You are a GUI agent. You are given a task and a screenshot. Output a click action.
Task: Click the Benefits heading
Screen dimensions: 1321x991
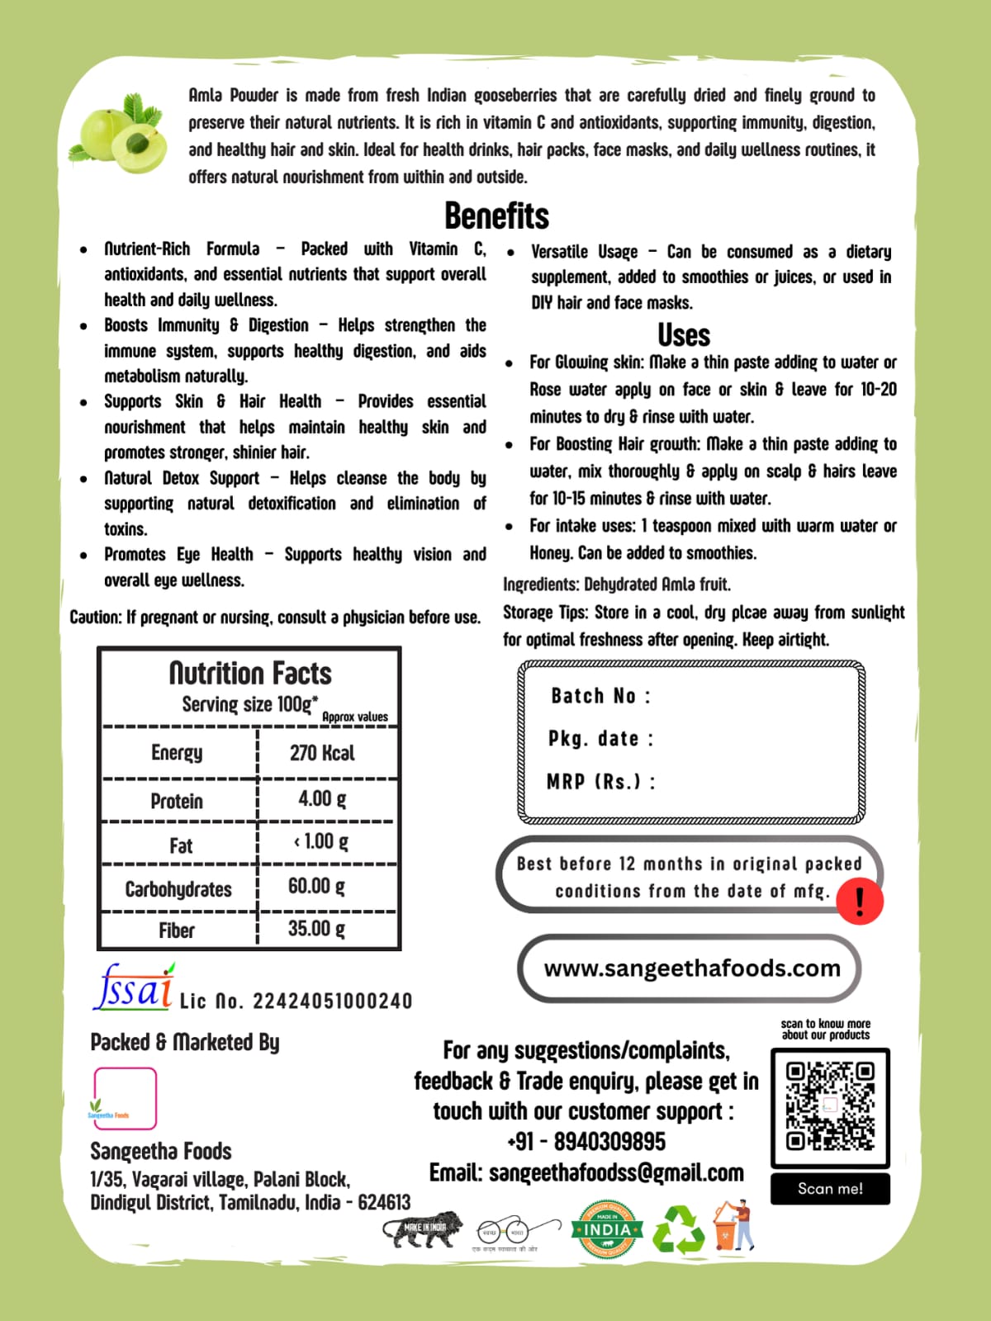click(x=496, y=216)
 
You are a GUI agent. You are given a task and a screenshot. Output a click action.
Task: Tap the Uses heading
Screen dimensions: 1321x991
click(x=684, y=335)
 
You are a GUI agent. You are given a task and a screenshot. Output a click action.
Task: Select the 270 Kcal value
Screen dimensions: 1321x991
click(x=322, y=753)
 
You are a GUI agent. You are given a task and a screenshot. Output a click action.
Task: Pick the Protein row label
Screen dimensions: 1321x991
click(x=177, y=801)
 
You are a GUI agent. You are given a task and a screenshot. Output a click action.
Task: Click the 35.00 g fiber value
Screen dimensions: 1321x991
click(x=316, y=929)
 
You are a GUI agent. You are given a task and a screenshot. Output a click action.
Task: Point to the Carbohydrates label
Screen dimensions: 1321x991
click(x=178, y=889)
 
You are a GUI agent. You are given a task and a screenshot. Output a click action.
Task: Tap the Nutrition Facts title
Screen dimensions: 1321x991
click(x=250, y=674)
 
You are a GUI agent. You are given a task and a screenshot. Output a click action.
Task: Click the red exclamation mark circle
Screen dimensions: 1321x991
click(x=860, y=901)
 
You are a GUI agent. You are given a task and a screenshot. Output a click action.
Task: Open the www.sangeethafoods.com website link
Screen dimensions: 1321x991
click(x=692, y=968)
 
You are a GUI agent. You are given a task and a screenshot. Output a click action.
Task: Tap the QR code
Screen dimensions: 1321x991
click(x=830, y=1107)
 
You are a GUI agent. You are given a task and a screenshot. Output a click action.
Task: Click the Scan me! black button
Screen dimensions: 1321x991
click(x=830, y=1189)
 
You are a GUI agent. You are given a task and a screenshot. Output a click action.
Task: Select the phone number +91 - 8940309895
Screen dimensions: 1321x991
click(x=586, y=1142)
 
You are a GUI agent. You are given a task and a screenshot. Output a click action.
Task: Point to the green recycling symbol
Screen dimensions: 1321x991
click(x=679, y=1229)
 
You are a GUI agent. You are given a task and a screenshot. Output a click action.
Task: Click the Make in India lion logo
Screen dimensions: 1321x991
click(x=423, y=1230)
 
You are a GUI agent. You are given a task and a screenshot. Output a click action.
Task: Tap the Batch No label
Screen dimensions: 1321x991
click(x=600, y=696)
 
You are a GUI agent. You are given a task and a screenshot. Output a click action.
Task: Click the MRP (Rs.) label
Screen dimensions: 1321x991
click(x=600, y=781)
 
